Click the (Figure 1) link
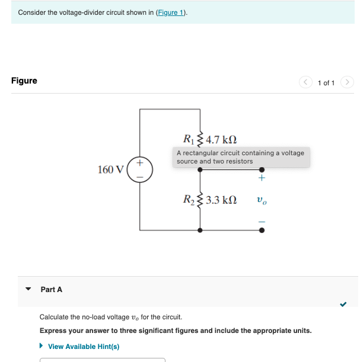point(171,12)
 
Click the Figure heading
point(24,81)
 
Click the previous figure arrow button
point(306,82)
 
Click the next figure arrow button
point(348,82)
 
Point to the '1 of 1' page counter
point(326,82)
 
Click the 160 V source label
point(110,170)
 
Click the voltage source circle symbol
point(140,169)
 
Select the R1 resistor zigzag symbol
point(199,139)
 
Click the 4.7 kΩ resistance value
point(221,140)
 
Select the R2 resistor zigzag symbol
point(199,200)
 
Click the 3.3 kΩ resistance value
point(221,200)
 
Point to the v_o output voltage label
point(262,200)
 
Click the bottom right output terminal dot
point(262,230)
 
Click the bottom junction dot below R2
point(200,230)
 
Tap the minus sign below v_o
point(262,222)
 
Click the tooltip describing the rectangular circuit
point(241,157)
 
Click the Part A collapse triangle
point(28,290)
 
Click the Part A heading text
point(51,290)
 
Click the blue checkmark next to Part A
point(343,305)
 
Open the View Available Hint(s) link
point(83,347)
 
